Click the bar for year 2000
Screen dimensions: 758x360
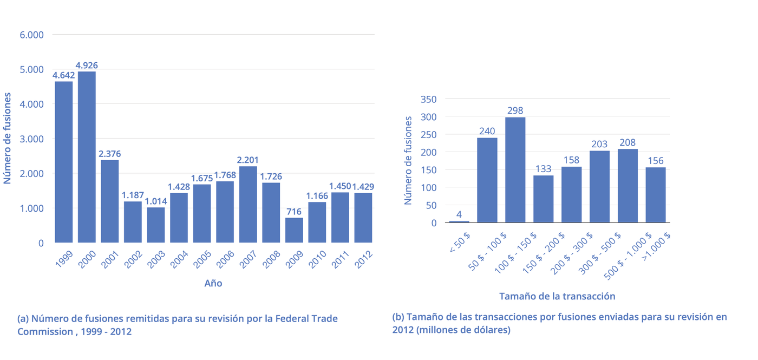point(87,157)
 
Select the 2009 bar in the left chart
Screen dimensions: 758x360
point(294,230)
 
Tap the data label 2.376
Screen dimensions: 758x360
point(109,154)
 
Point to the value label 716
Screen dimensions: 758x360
point(293,212)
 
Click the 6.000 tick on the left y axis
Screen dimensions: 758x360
point(31,35)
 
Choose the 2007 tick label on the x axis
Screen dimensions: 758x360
point(248,259)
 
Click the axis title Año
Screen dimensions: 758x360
point(213,283)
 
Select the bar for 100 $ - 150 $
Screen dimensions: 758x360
point(515,170)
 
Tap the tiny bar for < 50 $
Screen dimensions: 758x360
point(459,222)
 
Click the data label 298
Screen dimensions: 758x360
point(515,110)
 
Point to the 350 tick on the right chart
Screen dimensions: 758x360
point(428,100)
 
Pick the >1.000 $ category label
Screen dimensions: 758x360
point(656,247)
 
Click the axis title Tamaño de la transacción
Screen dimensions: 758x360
point(557,297)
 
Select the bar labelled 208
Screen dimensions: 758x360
point(628,186)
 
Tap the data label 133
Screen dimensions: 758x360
point(543,169)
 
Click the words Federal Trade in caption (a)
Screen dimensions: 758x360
point(306,319)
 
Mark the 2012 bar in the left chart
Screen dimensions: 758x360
point(363,218)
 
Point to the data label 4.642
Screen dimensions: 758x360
point(64,75)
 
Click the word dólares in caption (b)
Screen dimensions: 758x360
point(489,330)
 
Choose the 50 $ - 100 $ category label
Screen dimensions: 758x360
point(487,252)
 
